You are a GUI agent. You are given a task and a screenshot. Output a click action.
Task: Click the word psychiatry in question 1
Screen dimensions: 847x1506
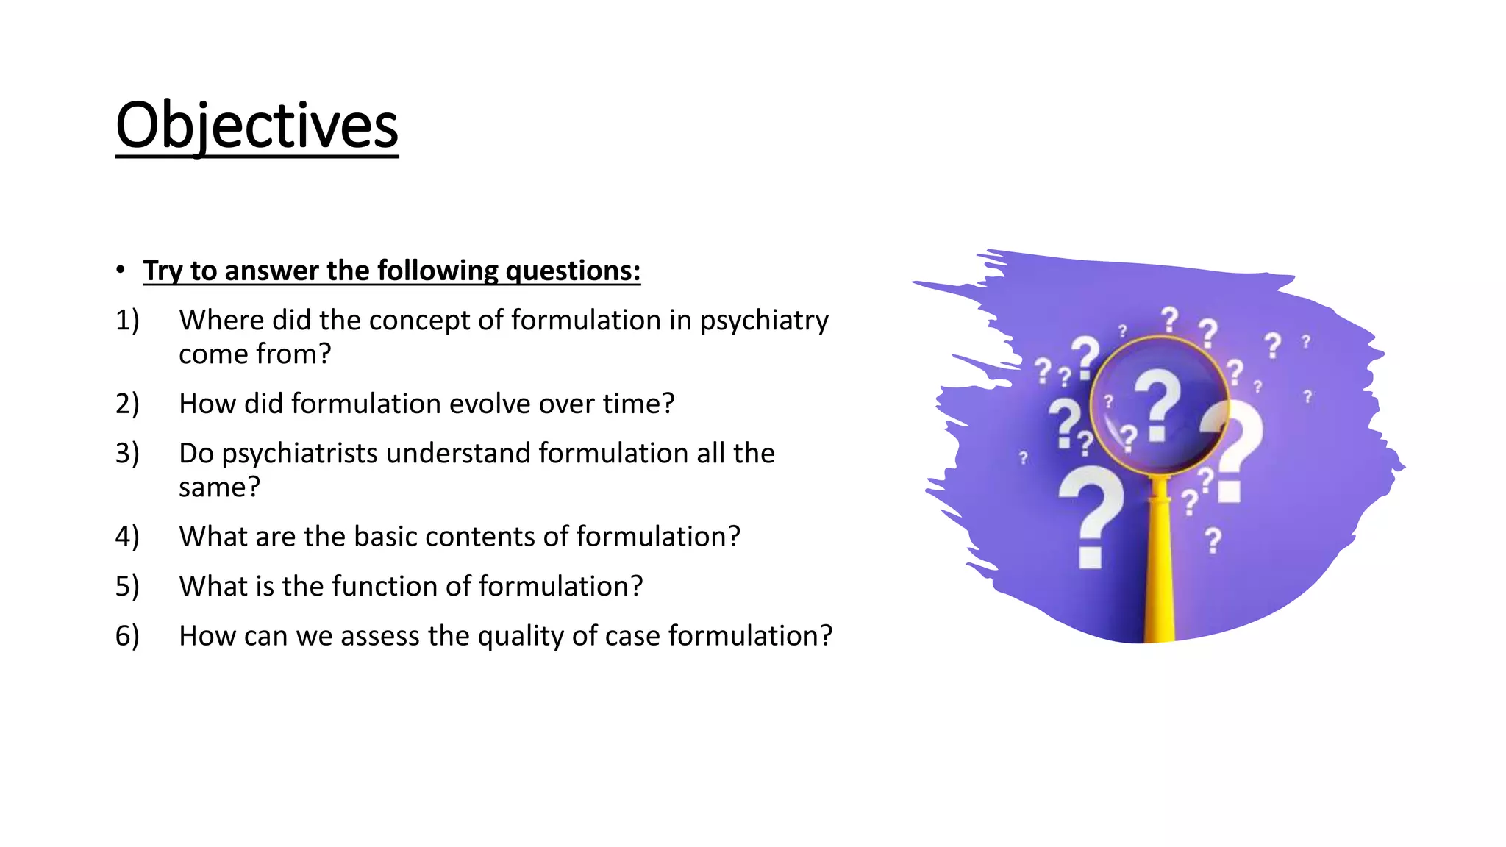[763, 321]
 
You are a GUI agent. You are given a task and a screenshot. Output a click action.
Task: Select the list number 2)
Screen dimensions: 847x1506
[127, 404]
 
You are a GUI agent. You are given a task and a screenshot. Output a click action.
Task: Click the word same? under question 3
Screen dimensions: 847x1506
[219, 487]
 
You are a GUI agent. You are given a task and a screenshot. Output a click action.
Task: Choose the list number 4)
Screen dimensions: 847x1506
[127, 537]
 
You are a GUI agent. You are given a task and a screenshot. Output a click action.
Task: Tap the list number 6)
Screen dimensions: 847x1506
[127, 636]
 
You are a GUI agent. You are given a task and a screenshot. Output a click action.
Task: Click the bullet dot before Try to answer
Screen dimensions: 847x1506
[120, 270]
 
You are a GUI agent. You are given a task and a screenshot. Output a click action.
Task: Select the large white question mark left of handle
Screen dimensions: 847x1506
[1091, 515]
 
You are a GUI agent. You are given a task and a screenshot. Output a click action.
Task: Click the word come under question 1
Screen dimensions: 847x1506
[212, 354]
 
